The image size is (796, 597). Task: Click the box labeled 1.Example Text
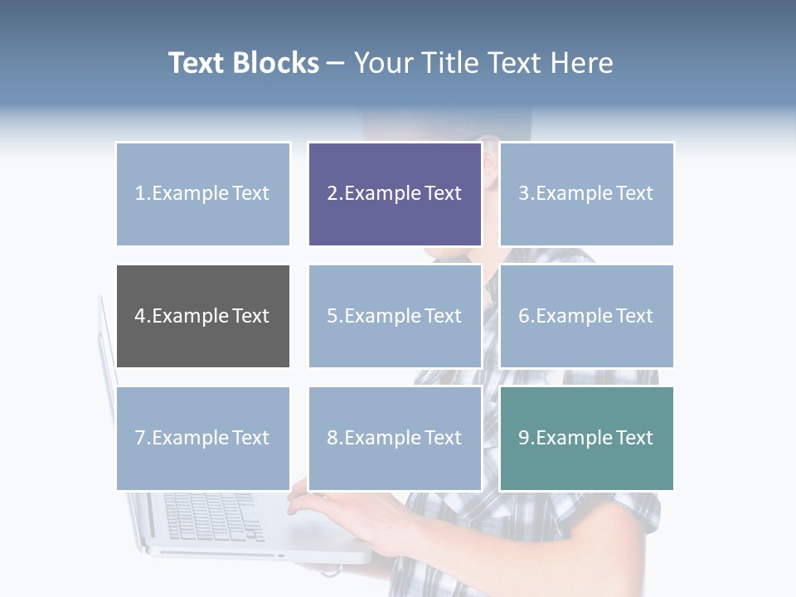[202, 194]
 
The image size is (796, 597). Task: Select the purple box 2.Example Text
[395, 194]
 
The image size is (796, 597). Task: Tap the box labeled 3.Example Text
[586, 194]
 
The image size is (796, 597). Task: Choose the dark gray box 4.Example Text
[202, 316]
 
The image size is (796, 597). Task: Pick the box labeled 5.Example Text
[395, 316]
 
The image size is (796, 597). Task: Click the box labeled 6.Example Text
[586, 316]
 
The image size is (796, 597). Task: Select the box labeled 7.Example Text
[202, 438]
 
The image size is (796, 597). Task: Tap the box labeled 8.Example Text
[395, 438]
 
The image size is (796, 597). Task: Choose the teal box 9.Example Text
[586, 438]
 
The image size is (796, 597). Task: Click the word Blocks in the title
[275, 63]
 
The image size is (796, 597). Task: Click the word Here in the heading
[583, 63]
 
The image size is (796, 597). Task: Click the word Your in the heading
[383, 63]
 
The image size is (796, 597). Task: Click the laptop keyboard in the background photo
[211, 516]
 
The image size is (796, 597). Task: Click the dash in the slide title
[336, 63]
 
